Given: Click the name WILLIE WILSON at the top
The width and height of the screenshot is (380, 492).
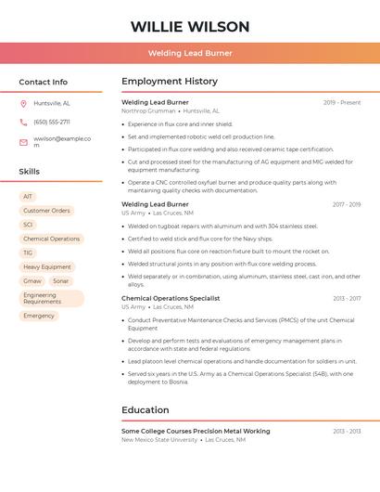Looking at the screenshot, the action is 190,26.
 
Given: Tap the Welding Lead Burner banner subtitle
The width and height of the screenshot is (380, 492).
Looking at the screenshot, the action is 190,53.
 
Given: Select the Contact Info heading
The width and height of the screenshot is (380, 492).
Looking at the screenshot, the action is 43,82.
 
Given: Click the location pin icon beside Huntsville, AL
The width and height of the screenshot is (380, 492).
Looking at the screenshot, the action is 23,103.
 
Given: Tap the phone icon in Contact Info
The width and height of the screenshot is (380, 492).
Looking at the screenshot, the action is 23,122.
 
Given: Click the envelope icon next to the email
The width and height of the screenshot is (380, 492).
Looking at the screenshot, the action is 23,142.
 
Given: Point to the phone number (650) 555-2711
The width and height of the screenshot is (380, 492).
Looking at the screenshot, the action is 52,122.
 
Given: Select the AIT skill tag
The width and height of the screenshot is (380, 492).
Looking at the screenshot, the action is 28,197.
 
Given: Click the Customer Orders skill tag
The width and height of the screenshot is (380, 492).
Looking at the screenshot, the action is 46,211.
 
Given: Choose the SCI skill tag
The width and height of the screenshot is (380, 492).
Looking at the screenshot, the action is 28,225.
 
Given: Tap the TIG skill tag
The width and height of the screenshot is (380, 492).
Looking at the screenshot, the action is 28,252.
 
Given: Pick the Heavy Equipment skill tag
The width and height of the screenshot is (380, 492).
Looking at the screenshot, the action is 47,266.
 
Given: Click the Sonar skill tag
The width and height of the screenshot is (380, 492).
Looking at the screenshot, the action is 60,280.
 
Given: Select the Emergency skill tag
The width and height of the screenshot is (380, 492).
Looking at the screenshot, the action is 39,316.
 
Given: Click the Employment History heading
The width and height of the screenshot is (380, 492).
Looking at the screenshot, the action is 170,82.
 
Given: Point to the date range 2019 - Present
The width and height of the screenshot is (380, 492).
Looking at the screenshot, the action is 342,102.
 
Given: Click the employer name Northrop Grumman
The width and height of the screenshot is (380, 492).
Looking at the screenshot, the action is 147,110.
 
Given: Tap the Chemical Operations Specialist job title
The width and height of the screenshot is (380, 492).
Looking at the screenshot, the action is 171,298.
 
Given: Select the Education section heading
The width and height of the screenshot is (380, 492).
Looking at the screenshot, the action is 145,409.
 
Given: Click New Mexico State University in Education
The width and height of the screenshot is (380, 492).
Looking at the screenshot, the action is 159,440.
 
